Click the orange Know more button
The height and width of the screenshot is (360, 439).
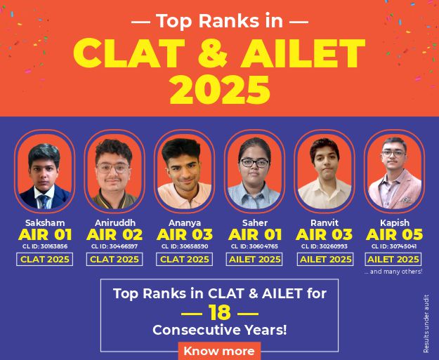pyautogui.click(x=219, y=351)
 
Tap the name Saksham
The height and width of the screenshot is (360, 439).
pyautogui.click(x=45, y=223)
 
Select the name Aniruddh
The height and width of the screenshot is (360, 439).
pyautogui.click(x=115, y=223)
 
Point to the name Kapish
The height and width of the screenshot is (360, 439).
pyautogui.click(x=395, y=223)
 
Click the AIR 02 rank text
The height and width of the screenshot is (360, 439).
pyautogui.click(x=114, y=234)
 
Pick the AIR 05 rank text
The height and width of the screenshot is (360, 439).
pyautogui.click(x=395, y=234)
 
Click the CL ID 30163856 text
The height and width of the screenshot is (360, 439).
pyautogui.click(x=45, y=246)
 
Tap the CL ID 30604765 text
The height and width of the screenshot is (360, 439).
pyautogui.click(x=254, y=246)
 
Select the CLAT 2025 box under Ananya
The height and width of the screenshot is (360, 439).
pyautogui.click(x=184, y=260)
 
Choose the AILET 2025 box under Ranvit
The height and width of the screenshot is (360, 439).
pyautogui.click(x=325, y=260)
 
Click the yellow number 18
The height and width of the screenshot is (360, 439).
pyautogui.click(x=219, y=313)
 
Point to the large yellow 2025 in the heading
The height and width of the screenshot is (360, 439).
pyautogui.click(x=220, y=90)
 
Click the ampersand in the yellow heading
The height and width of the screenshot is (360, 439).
pyautogui.click(x=213, y=53)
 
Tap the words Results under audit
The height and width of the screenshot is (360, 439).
pyautogui.click(x=426, y=324)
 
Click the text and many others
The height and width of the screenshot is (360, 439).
pyautogui.click(x=393, y=272)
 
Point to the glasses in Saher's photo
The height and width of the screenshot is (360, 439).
pyautogui.click(x=255, y=163)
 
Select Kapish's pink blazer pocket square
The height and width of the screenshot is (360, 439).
pyautogui.click(x=405, y=200)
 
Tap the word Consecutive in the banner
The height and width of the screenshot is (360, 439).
pyautogui.click(x=197, y=330)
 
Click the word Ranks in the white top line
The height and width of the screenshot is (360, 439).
pyautogui.click(x=222, y=21)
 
